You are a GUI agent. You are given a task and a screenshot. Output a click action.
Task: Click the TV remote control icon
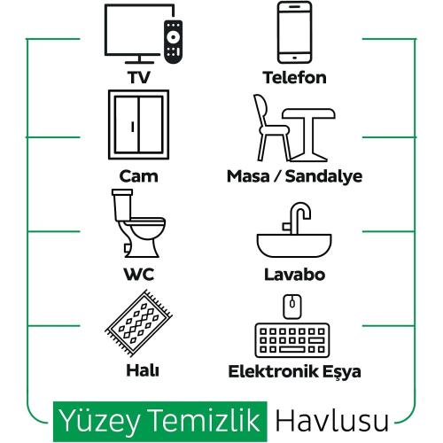pos(173,42)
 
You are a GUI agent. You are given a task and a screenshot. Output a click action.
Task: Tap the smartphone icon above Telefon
pos(294,32)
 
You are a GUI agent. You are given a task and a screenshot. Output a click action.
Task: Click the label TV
pos(139,77)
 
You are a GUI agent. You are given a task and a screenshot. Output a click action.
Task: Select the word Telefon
pos(294,77)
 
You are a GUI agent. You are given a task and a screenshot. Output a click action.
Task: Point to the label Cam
pos(138,176)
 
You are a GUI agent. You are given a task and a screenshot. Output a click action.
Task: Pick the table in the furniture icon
pos(308,113)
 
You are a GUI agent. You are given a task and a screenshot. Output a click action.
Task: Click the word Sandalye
pos(323,176)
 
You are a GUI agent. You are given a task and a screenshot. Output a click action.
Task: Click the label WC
pos(139,275)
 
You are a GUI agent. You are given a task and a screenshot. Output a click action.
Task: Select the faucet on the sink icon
pos(297,218)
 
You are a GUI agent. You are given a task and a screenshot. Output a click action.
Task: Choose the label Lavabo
pos(294,275)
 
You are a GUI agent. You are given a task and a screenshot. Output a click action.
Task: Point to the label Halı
pos(143,370)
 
